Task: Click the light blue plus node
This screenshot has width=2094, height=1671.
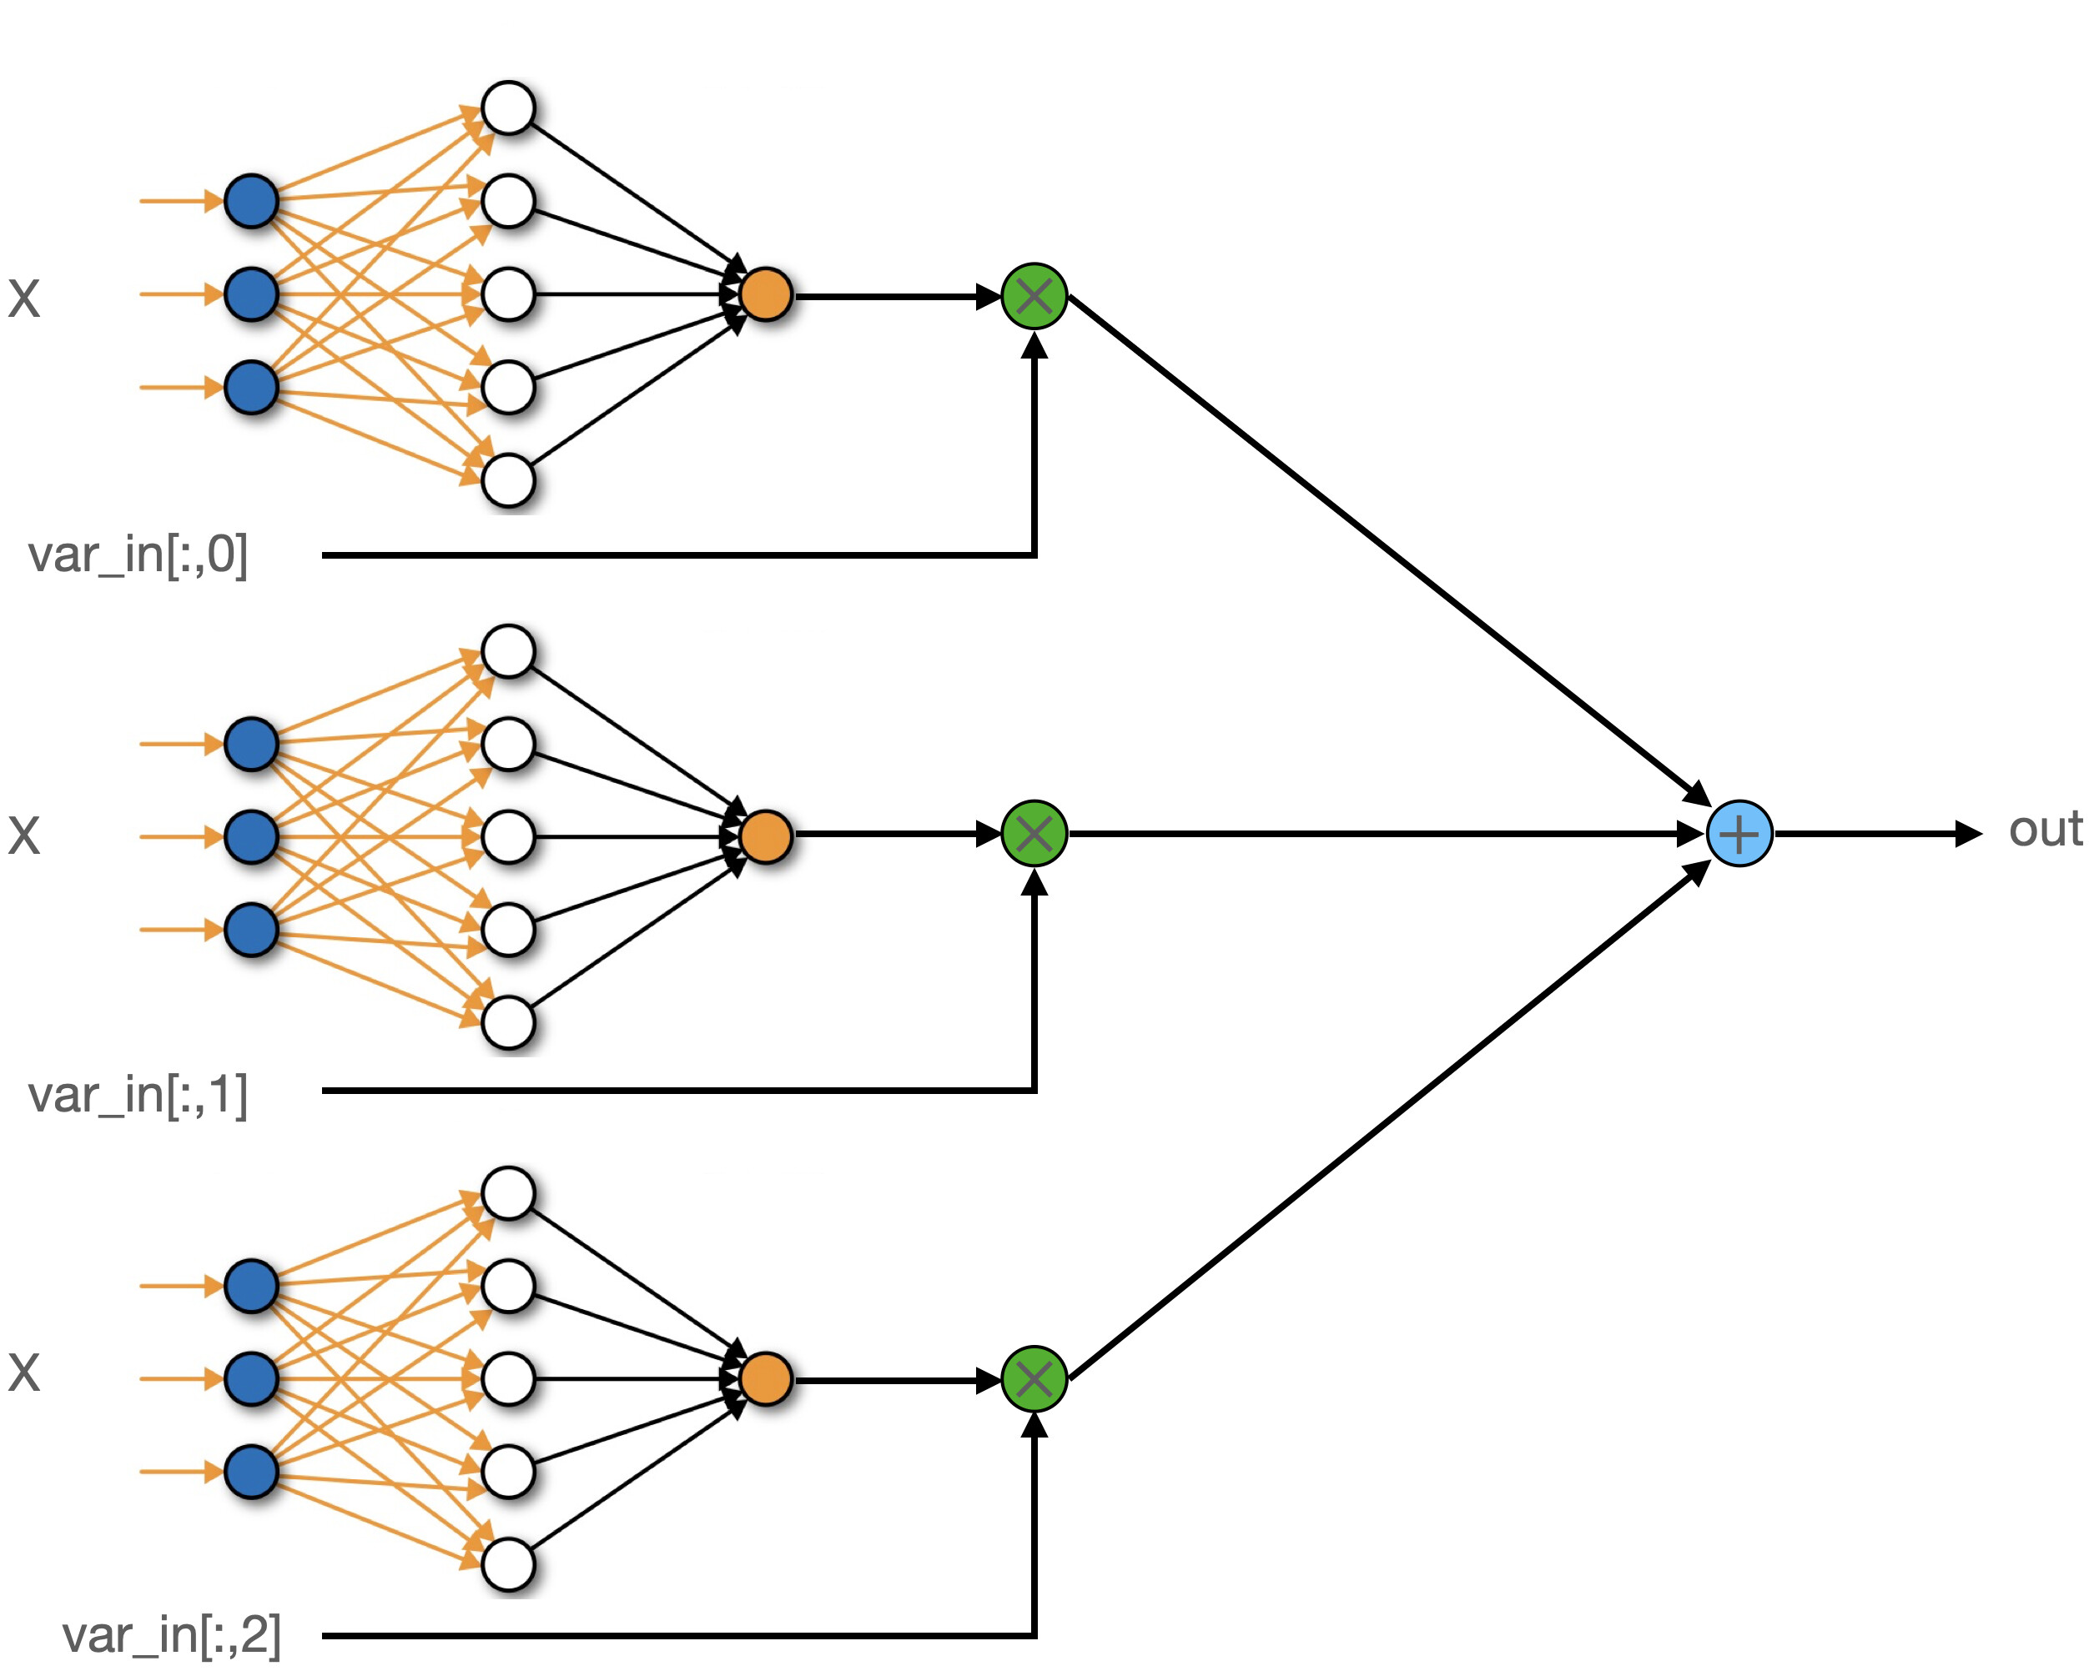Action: (1739, 833)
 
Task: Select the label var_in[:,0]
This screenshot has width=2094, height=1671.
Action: (138, 555)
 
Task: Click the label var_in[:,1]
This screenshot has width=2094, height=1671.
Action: (138, 1094)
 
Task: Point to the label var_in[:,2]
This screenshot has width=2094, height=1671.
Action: (172, 1634)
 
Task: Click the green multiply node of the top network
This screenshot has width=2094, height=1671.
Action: (1034, 296)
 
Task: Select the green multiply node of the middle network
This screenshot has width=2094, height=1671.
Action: (1034, 833)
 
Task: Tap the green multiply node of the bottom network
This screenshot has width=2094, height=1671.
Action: (1034, 1379)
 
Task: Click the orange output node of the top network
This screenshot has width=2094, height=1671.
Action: (765, 294)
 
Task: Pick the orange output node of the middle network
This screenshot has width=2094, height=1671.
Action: (765, 836)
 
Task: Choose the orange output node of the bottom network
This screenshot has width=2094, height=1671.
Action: (765, 1379)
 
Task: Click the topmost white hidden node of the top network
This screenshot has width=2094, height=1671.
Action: (508, 108)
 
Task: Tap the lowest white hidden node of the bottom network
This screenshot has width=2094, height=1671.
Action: (508, 1564)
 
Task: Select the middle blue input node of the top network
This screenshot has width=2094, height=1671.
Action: (252, 294)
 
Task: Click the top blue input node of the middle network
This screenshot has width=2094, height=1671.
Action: (252, 744)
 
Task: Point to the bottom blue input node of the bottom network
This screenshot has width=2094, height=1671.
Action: (252, 1471)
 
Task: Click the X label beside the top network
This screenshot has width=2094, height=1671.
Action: (24, 298)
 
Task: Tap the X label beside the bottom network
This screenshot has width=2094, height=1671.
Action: (24, 1373)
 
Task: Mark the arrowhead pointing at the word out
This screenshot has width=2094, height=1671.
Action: (1968, 833)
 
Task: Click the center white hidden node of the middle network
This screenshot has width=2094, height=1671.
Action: (508, 836)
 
